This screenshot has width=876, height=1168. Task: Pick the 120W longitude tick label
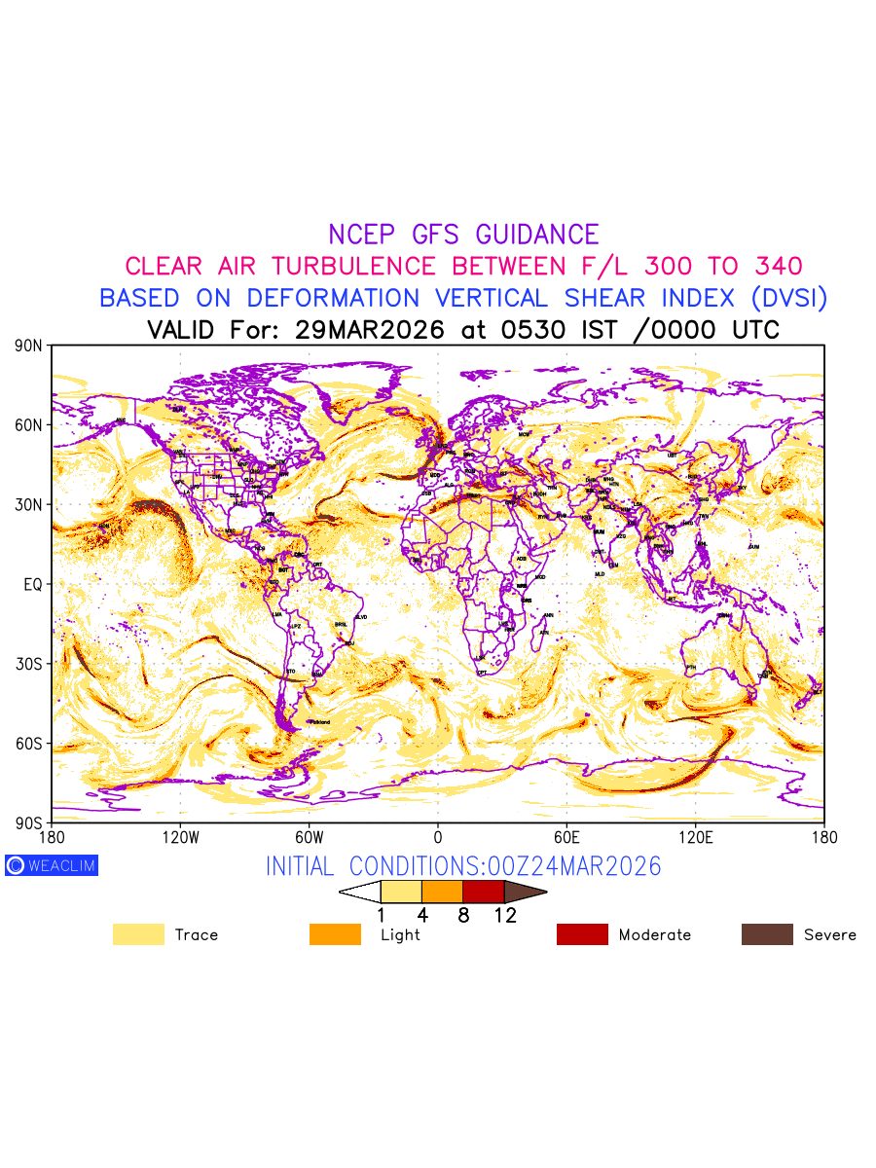[180, 837]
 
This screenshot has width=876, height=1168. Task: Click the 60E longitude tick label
[566, 837]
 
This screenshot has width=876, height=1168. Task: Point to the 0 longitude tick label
[437, 837]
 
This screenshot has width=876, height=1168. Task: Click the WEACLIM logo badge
[52, 865]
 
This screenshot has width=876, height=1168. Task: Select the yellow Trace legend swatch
[138, 934]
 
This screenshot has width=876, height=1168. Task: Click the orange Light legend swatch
[335, 934]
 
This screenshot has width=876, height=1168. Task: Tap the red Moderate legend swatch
[582, 934]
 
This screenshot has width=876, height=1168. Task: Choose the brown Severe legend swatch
[767, 934]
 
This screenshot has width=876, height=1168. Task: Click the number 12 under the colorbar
[505, 915]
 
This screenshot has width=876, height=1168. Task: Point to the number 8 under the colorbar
[463, 915]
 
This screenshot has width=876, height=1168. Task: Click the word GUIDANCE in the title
[537, 235]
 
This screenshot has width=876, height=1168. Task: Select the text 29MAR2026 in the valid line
[369, 330]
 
